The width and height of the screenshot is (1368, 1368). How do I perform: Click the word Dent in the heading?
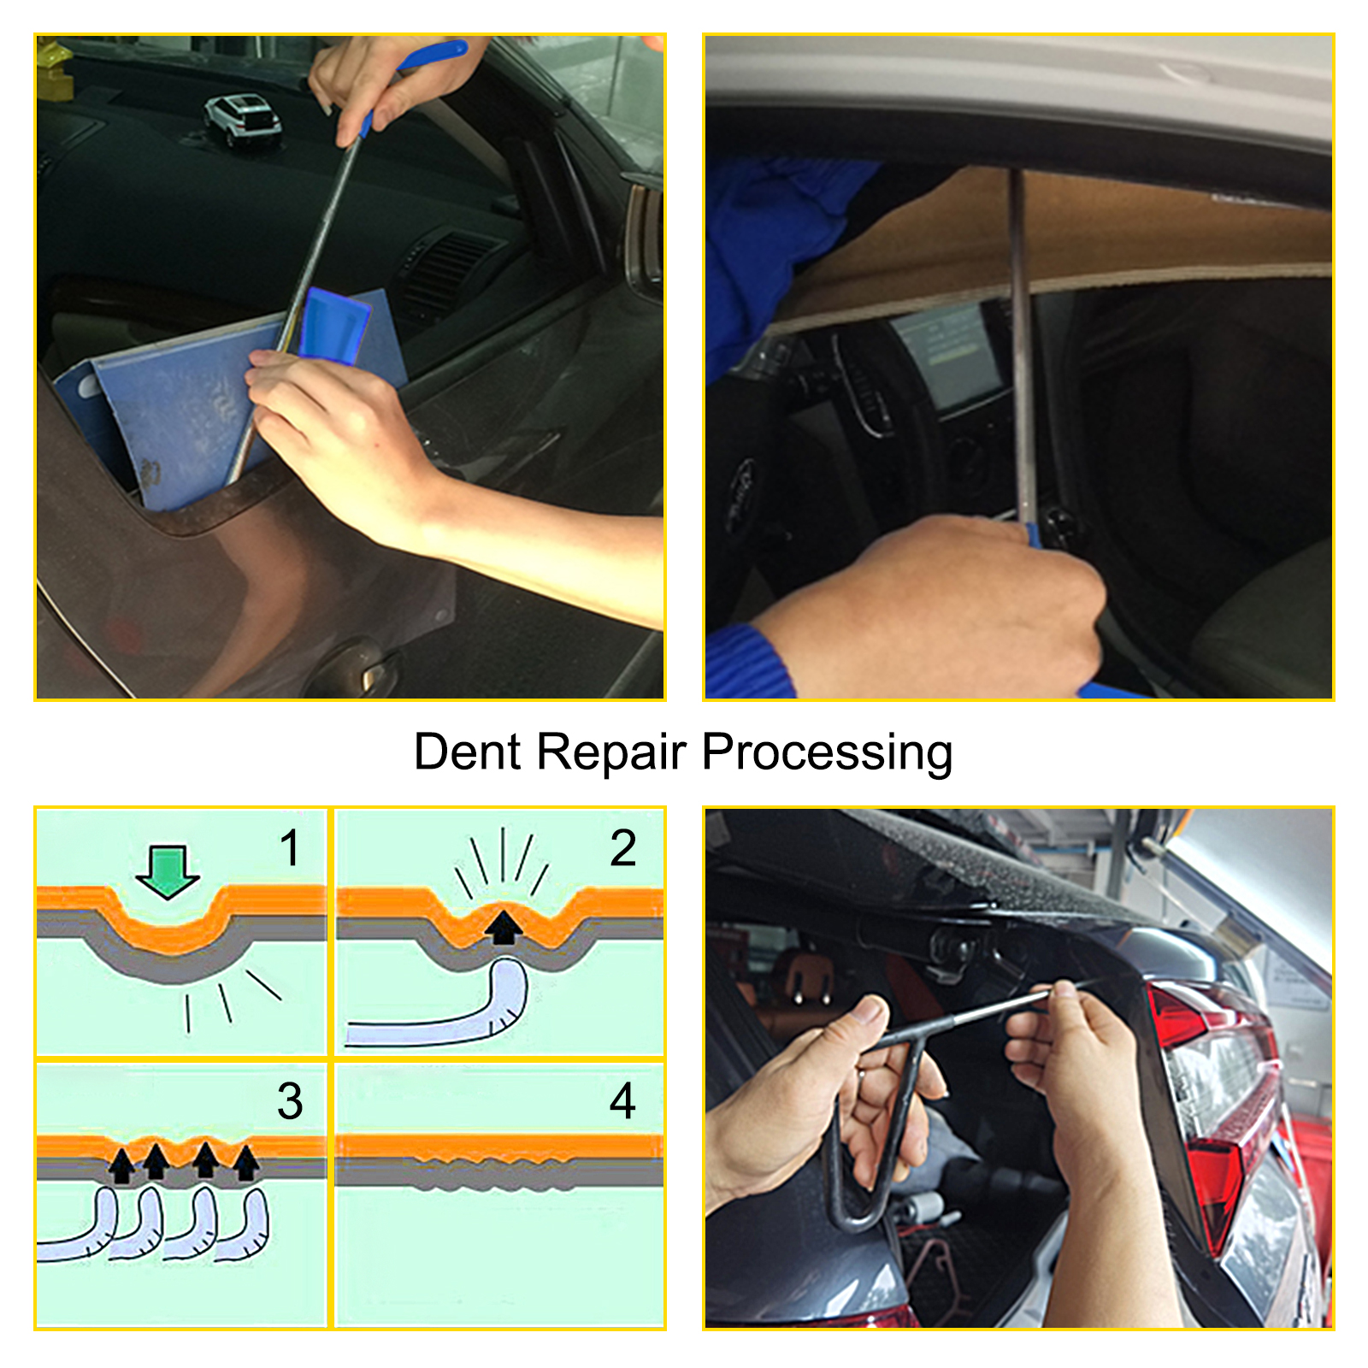click(467, 752)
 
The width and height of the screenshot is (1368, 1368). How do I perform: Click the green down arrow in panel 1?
click(168, 870)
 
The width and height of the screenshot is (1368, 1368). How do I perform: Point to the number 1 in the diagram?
click(291, 848)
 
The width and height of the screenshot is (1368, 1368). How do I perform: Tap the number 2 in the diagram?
click(622, 848)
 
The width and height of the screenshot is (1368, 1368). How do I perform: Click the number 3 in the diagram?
click(290, 1101)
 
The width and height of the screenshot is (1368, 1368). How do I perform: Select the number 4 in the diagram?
click(622, 1101)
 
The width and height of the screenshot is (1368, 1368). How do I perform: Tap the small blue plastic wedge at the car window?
click(334, 325)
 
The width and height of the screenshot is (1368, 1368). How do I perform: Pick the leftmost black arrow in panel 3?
click(122, 1165)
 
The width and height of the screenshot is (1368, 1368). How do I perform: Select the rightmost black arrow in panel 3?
click(246, 1163)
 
